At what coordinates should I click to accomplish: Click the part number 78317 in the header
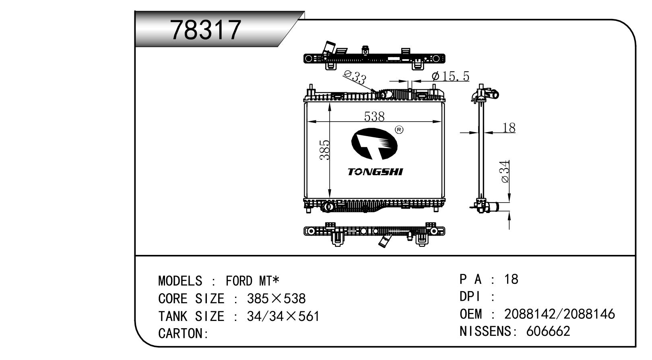click(206, 30)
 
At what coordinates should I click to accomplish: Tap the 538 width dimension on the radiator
click(374, 116)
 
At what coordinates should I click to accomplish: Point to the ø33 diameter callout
click(355, 77)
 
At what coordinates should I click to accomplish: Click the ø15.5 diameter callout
click(451, 77)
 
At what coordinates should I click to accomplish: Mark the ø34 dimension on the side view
click(506, 172)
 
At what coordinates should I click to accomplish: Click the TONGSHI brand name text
click(375, 172)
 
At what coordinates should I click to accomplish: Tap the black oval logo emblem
click(374, 144)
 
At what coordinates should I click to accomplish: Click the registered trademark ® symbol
click(399, 130)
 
